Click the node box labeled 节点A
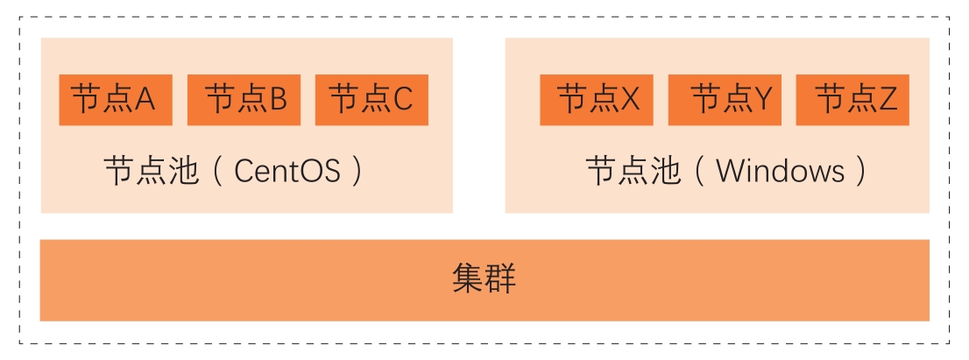(x=116, y=100)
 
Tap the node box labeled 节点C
(x=371, y=100)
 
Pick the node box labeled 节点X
(x=597, y=100)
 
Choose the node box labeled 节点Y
(x=725, y=100)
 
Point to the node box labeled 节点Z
(x=852, y=100)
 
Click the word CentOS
(x=287, y=170)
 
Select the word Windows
(x=780, y=170)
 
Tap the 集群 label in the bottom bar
(x=485, y=279)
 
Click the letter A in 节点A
(x=145, y=100)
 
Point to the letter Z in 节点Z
(x=888, y=100)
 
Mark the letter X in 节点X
(x=631, y=100)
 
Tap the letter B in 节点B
(x=277, y=100)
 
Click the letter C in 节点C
(x=402, y=100)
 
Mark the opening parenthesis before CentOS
(x=218, y=170)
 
